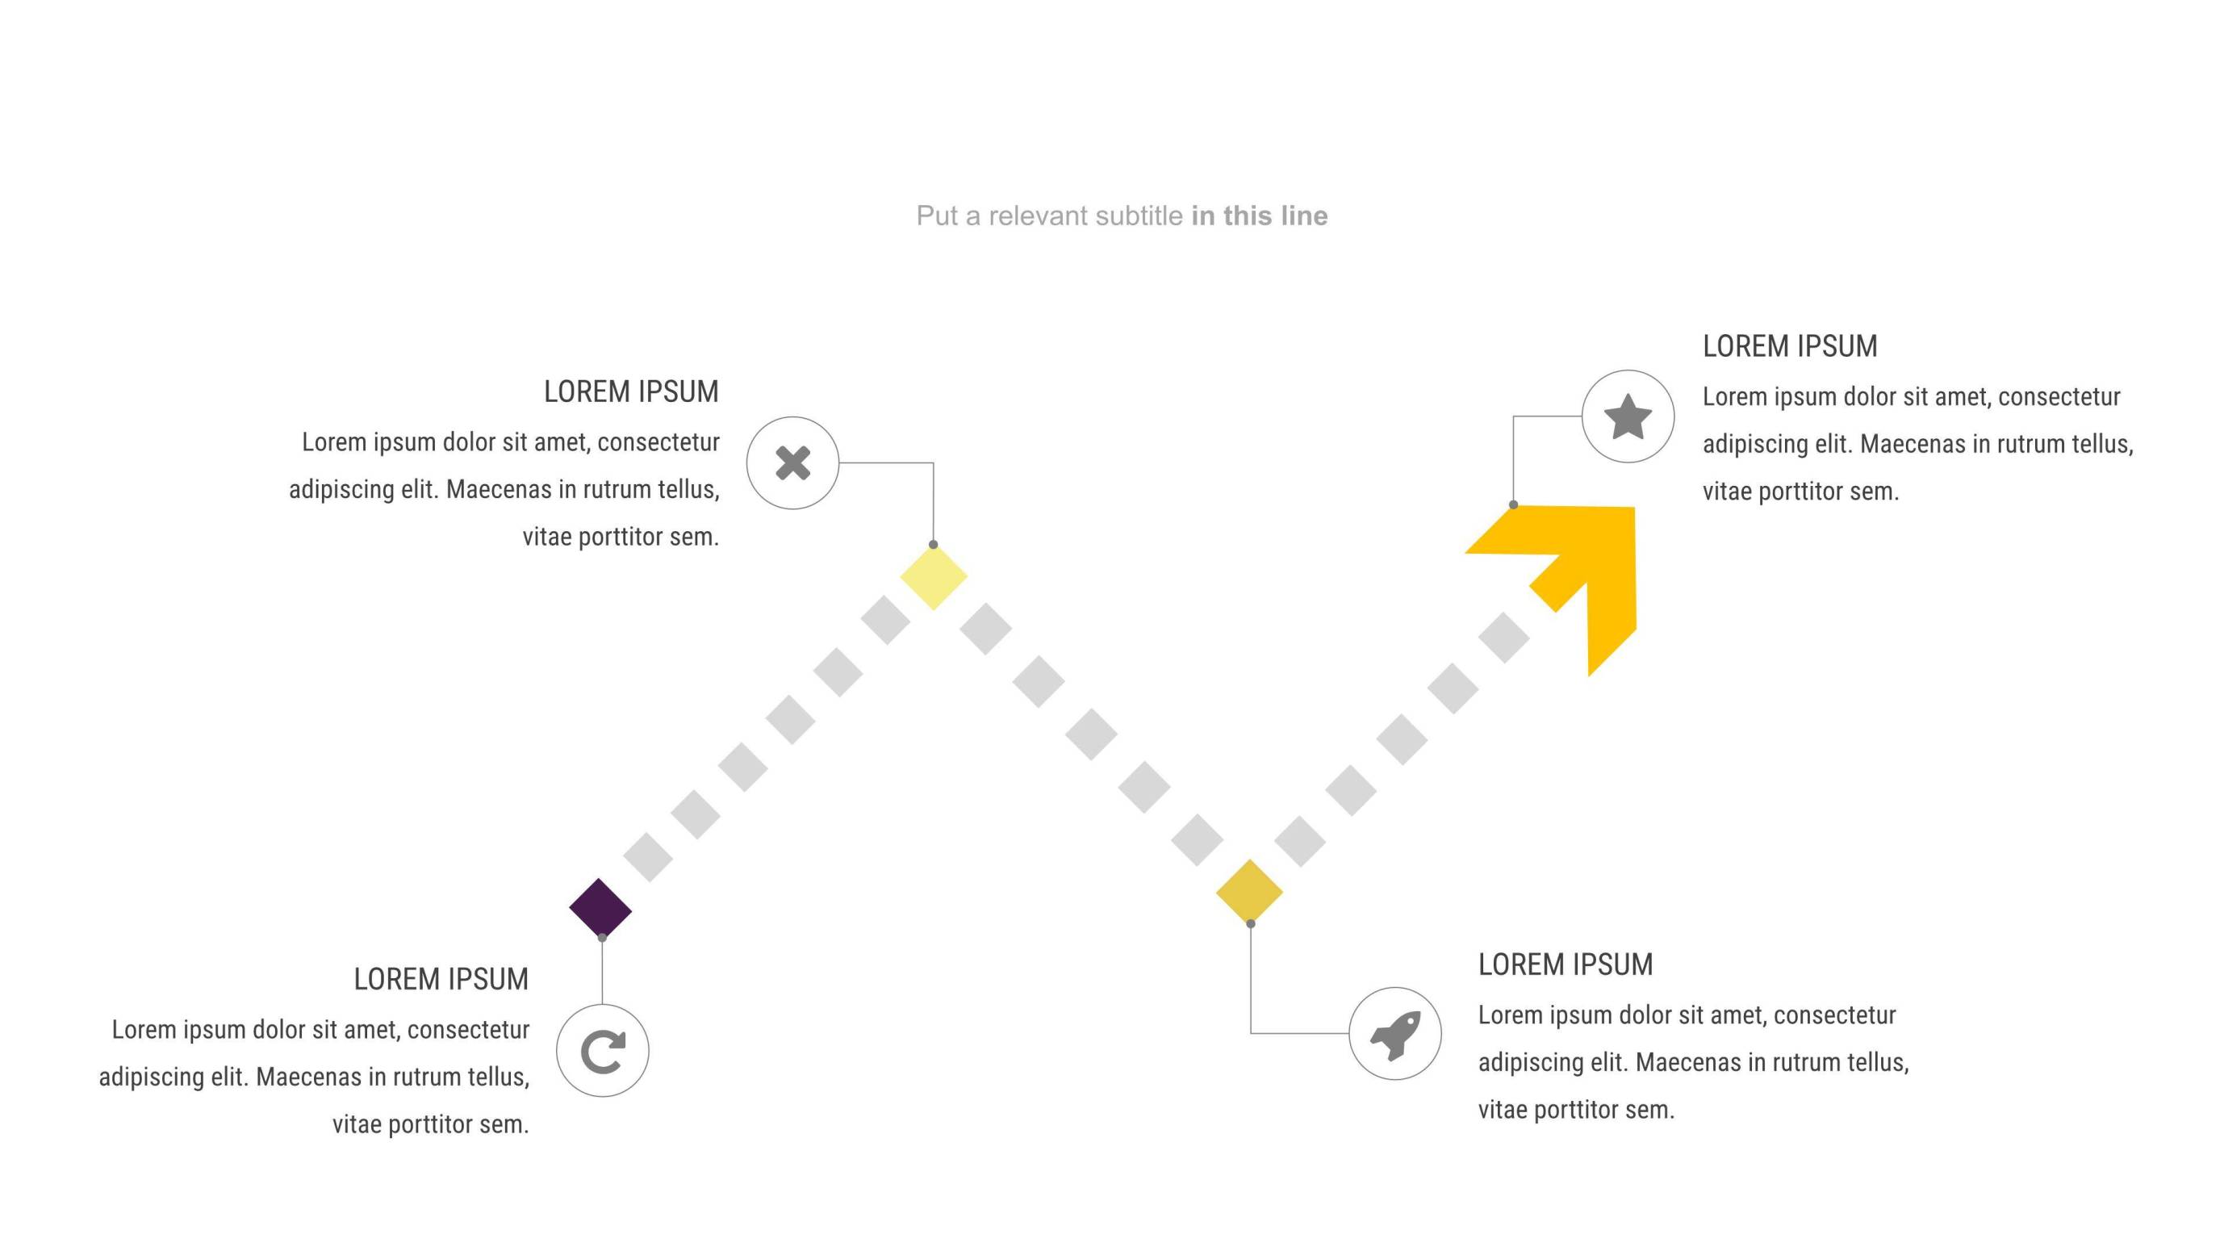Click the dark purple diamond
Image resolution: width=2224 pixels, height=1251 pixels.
coord(600,907)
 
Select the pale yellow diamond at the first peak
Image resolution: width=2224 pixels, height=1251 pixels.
coord(934,577)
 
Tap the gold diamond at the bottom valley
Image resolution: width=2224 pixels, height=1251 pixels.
coord(1249,892)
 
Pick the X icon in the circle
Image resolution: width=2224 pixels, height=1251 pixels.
coord(792,462)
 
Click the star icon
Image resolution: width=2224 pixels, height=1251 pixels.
coord(1628,417)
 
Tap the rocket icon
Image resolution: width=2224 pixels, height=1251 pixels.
coord(1394,1033)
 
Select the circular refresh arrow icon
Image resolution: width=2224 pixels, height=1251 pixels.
coord(603,1051)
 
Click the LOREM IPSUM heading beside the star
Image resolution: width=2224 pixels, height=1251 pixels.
coord(1790,346)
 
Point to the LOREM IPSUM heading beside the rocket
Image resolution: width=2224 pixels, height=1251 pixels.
coord(1566,964)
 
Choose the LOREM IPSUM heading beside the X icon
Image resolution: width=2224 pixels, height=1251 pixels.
coord(631,392)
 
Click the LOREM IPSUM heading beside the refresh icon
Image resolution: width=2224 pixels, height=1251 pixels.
coord(441,979)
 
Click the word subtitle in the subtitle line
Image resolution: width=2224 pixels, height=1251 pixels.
coord(1139,215)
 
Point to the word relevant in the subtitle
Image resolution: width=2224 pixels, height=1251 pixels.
coord(1039,215)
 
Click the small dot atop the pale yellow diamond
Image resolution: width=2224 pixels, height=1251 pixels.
coord(934,545)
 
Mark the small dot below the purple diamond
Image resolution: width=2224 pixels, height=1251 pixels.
coord(602,938)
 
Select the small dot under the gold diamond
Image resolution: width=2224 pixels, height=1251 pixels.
coord(1250,924)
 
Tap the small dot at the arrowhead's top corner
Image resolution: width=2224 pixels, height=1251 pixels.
coord(1513,505)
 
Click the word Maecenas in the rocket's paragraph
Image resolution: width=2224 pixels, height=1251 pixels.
coord(1688,1063)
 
